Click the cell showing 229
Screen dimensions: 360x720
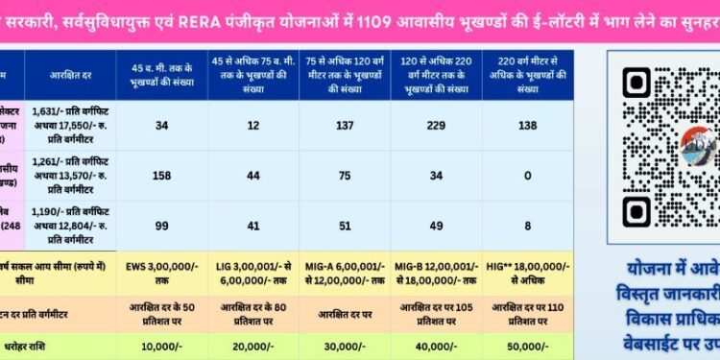click(x=437, y=126)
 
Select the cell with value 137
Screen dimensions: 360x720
click(x=345, y=126)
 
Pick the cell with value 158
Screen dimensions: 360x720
click(x=161, y=176)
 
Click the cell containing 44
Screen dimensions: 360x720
click(x=253, y=176)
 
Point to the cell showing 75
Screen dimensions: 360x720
click(x=345, y=176)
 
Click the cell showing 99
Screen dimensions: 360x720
click(x=161, y=225)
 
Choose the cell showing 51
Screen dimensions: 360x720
click(x=345, y=225)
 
